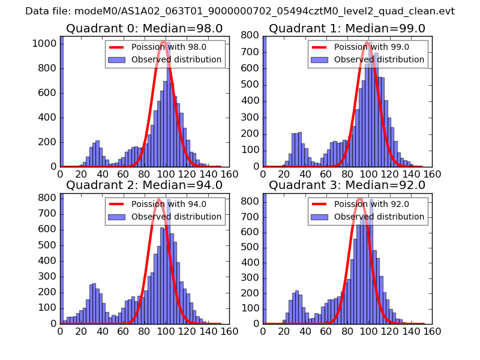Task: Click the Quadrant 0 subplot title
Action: (144, 29)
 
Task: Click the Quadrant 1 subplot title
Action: (347, 29)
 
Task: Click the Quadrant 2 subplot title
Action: (144, 185)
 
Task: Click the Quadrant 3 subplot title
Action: (347, 185)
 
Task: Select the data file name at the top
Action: (240, 11)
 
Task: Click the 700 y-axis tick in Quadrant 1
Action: (251, 52)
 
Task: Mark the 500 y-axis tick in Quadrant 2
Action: (47, 245)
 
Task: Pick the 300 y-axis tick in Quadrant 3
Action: (251, 276)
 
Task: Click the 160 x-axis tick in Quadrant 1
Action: (433, 174)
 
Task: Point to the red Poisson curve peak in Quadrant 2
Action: (159, 199)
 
